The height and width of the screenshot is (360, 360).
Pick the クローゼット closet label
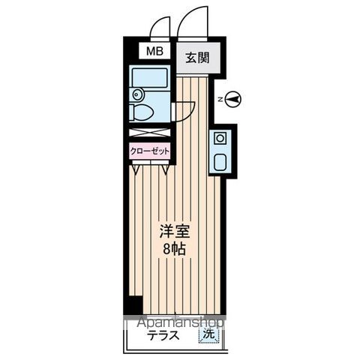point(149,150)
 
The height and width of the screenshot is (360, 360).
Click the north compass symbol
point(233,98)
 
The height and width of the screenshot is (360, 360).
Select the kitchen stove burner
point(220,138)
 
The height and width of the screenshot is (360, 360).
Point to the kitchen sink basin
point(220,160)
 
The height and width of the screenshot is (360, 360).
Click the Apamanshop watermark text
point(181,322)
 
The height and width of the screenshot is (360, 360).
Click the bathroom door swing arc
point(184,109)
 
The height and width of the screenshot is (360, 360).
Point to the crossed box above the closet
point(149,133)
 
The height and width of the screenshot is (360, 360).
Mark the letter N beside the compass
point(218,98)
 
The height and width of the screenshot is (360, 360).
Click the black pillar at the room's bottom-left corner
point(133,304)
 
